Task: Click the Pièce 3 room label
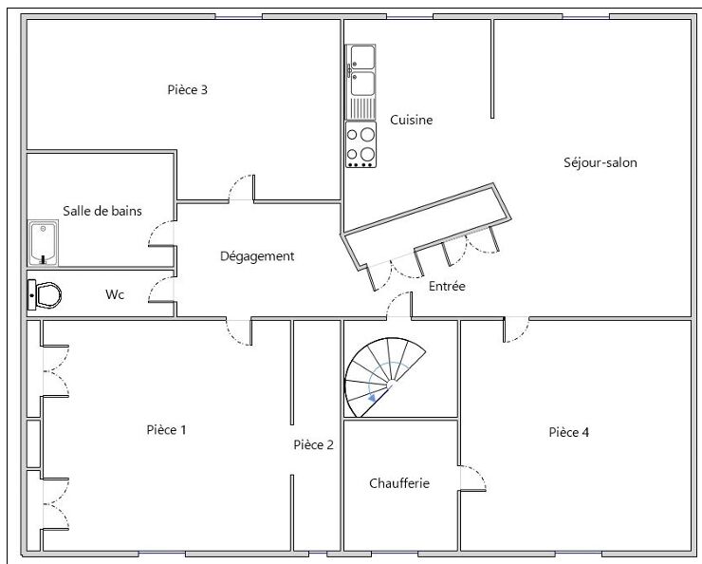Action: (187, 90)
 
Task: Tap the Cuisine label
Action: (411, 120)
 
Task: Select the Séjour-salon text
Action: (600, 162)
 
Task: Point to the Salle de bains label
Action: (102, 211)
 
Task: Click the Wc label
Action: (115, 294)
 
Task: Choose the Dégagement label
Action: (257, 256)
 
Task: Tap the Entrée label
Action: (447, 286)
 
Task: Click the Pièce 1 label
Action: (166, 430)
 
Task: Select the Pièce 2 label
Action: (313, 444)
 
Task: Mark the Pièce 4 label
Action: (569, 432)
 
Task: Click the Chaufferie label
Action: (398, 483)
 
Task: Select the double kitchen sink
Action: (361, 72)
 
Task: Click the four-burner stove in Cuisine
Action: (360, 144)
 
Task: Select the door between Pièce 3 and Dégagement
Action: (241, 188)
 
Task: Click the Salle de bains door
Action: (162, 234)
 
